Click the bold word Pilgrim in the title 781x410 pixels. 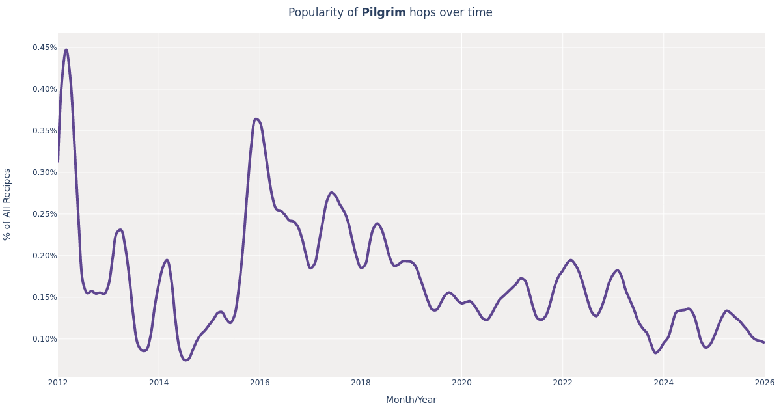(x=383, y=13)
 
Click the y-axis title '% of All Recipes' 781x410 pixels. (x=7, y=204)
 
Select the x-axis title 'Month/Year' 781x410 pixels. (x=411, y=400)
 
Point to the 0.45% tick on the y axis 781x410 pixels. (x=44, y=48)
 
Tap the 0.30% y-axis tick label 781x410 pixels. (x=44, y=172)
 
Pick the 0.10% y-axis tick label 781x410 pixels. (x=44, y=339)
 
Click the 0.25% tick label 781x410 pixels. (x=44, y=214)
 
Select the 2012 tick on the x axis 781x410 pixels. (x=58, y=383)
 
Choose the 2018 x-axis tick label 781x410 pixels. (x=361, y=383)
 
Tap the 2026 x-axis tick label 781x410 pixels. (x=764, y=383)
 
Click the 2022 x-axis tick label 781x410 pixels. (x=562, y=383)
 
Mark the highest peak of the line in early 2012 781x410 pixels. (x=66, y=49)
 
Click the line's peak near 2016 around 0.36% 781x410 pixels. (x=256, y=119)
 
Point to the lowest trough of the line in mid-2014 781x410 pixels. (x=185, y=360)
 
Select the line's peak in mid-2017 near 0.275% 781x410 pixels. (x=331, y=193)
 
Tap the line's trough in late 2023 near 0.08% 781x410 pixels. (x=655, y=353)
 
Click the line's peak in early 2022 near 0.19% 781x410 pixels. (x=571, y=260)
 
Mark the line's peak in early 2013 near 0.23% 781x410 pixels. (x=120, y=230)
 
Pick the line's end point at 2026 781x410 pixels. (x=764, y=342)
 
